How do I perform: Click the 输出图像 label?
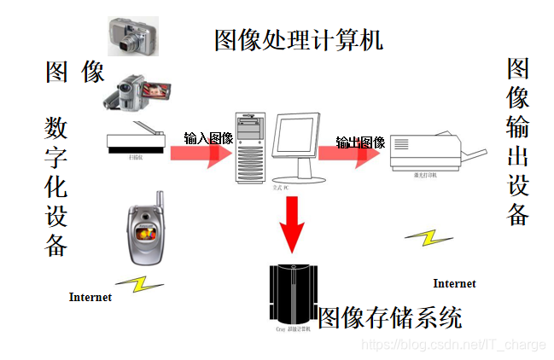(x=360, y=142)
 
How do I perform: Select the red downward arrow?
(x=293, y=224)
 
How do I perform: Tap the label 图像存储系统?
(x=390, y=318)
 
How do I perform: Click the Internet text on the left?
(x=90, y=298)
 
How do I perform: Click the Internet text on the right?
(x=454, y=283)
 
